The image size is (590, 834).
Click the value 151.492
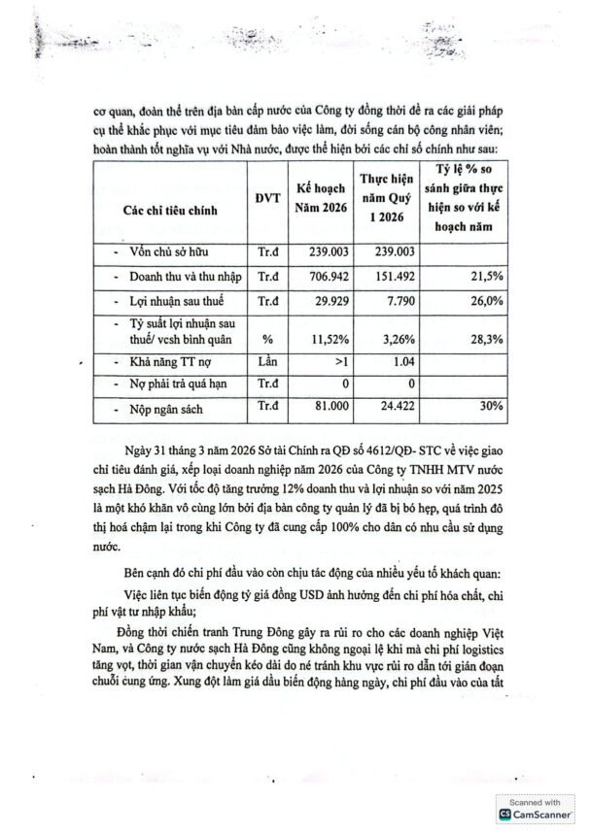pos(381,276)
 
